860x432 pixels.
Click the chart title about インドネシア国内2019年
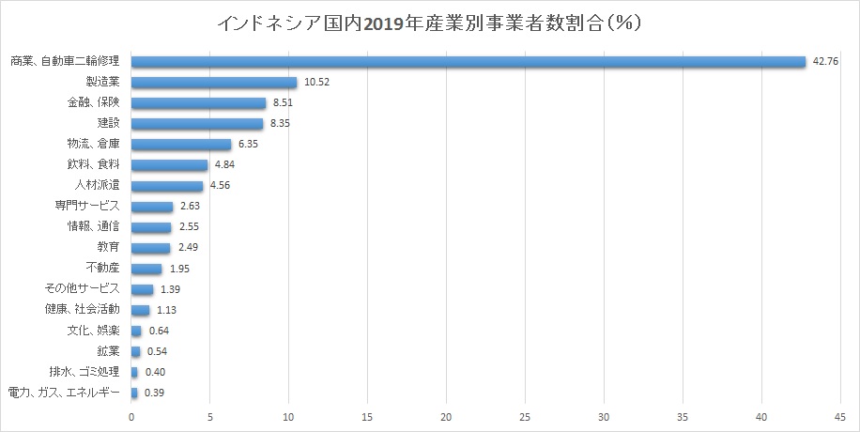point(429,23)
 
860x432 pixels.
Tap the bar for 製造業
point(214,83)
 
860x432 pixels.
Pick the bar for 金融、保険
point(198,103)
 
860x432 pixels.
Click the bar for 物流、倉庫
point(181,145)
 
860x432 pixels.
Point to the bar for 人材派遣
point(167,186)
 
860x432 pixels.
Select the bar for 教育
point(150,248)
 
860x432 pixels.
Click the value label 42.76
point(825,62)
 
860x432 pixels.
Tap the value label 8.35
point(283,124)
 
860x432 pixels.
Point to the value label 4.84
point(226,165)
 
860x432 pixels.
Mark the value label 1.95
point(181,269)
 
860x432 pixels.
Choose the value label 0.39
point(154,393)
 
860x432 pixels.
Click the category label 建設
point(107,124)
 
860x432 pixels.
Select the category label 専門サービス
point(87,207)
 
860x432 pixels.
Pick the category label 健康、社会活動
point(82,310)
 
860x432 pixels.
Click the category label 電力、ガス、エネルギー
point(63,393)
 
